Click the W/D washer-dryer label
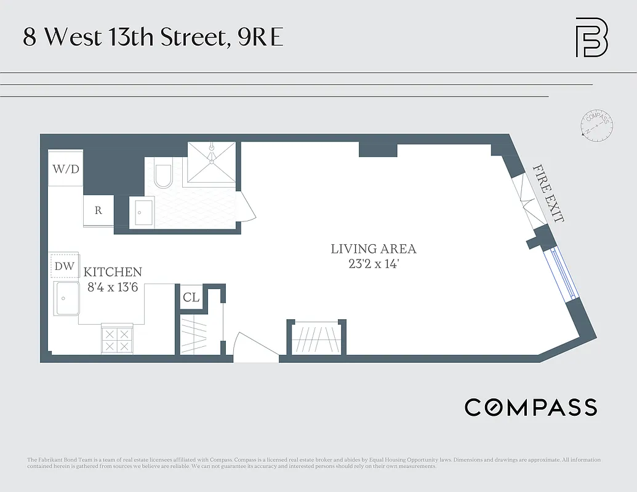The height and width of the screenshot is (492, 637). [66, 169]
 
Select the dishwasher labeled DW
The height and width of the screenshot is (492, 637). [65, 266]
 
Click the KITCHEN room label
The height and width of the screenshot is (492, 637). [113, 272]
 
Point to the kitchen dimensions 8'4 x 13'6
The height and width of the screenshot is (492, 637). [113, 286]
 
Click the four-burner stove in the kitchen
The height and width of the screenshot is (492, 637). [117, 339]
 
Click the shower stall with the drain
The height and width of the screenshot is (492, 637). [211, 162]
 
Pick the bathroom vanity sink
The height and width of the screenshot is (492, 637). [143, 213]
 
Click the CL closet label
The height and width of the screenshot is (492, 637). [191, 298]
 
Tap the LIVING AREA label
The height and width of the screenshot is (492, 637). [373, 249]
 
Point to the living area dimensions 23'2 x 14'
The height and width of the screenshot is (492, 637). [373, 264]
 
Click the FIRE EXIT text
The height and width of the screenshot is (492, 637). [548, 193]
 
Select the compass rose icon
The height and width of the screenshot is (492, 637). [596, 125]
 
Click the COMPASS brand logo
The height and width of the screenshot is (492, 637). [531, 407]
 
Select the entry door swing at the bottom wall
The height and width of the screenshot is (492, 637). [255, 346]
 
